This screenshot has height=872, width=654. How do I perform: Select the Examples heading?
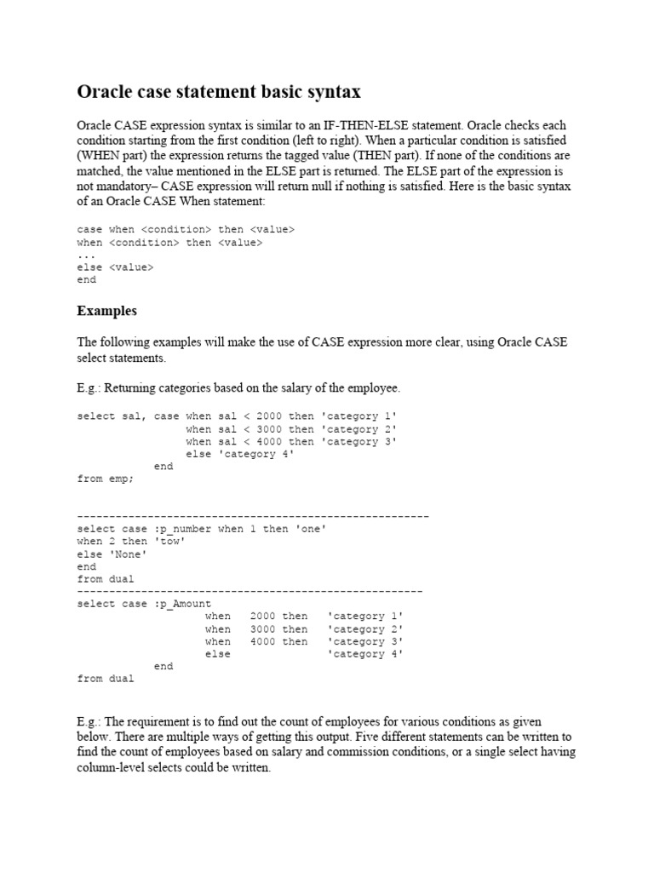(x=106, y=311)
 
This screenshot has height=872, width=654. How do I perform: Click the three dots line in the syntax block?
(x=87, y=255)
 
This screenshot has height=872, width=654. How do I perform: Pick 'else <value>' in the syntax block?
(x=115, y=267)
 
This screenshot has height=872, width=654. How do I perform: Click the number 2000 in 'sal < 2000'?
(x=268, y=416)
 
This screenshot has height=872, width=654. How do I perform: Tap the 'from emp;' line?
(x=106, y=479)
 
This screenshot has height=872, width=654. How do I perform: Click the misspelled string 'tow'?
(x=169, y=542)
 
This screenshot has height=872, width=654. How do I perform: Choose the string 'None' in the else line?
(x=128, y=554)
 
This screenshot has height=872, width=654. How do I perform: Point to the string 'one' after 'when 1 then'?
(x=310, y=529)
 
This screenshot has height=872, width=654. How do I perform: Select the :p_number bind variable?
(x=182, y=529)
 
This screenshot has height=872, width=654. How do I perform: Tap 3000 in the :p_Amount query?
(x=263, y=629)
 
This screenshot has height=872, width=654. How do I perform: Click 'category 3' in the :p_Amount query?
(x=364, y=642)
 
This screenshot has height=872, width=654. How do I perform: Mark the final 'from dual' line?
(x=106, y=679)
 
